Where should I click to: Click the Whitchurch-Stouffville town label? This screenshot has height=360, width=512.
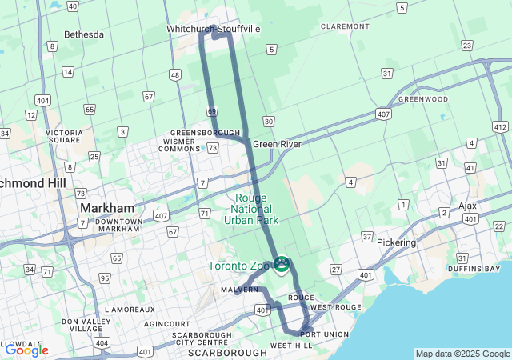coord(213,29)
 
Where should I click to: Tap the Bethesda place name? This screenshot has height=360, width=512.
coord(84,34)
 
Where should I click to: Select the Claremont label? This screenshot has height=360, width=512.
coord(344,26)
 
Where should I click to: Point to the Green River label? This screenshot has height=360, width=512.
coord(277,144)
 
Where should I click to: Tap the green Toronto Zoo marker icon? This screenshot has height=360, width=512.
coord(282,263)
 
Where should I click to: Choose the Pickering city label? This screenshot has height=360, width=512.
coord(397,242)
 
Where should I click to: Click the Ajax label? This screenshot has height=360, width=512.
coord(467,206)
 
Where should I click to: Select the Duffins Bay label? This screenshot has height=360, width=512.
coord(474,271)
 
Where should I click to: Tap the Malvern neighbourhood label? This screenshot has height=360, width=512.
coord(241,289)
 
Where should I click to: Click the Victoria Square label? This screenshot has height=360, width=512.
coord(64,137)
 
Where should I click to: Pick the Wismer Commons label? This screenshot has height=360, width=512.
coord(178,145)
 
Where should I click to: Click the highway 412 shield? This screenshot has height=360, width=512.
coord(500,126)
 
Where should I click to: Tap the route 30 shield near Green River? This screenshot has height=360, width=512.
coord(268,121)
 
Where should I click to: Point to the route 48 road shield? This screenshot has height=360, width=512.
coord(174,74)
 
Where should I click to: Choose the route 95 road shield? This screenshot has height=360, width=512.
coord(105,278)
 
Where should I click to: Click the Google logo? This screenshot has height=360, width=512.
coord(26,350)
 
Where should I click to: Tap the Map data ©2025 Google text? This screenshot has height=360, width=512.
coord(462,354)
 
